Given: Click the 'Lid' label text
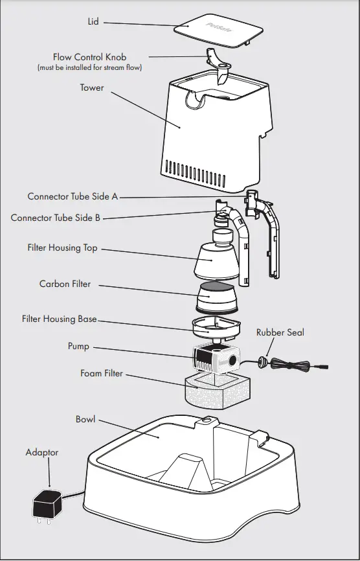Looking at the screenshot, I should (93, 22).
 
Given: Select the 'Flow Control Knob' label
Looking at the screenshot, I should (89, 58).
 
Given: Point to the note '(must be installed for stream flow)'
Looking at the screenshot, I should (89, 67).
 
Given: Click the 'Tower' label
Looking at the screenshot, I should (91, 87).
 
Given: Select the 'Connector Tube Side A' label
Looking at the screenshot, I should (73, 196).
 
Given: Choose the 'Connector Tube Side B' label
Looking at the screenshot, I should (56, 218).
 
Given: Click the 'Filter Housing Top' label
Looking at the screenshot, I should (62, 247).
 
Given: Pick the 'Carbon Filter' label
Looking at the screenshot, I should (65, 284).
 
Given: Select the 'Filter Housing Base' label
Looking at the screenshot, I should (60, 319).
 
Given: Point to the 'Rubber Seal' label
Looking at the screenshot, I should (280, 332).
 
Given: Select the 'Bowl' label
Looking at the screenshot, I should (85, 419).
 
